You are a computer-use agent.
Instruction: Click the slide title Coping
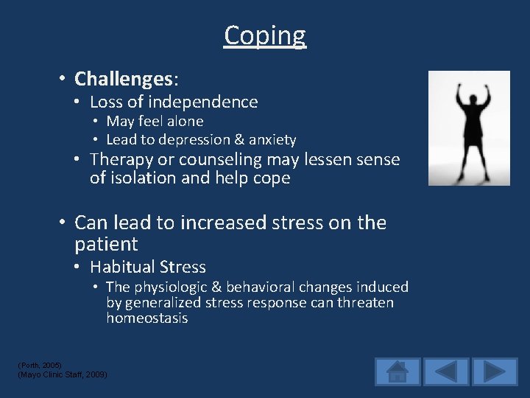click(x=265, y=35)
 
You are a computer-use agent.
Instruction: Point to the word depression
click(x=194, y=140)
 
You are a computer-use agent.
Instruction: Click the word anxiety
click(x=272, y=140)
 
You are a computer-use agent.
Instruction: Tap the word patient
click(x=106, y=244)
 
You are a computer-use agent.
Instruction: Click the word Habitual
click(x=121, y=268)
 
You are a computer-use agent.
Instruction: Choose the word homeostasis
click(x=146, y=318)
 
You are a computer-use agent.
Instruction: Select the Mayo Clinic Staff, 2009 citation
click(x=62, y=375)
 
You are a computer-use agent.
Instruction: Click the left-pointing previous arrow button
click(x=446, y=371)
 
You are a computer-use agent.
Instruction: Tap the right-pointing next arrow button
click(x=495, y=371)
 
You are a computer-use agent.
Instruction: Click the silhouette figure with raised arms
click(x=469, y=128)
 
